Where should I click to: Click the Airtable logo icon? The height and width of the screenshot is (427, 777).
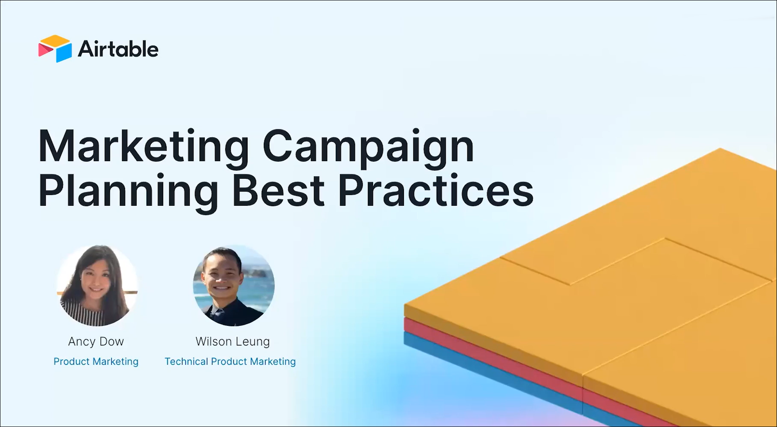tap(55, 48)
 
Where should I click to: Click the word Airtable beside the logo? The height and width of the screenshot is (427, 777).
tap(118, 49)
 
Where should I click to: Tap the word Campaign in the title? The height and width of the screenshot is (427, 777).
tap(368, 147)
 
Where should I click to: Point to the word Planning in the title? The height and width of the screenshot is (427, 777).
tap(129, 191)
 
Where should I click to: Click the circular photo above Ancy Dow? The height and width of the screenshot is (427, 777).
tap(97, 286)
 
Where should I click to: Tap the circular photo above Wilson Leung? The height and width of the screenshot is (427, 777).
tap(233, 286)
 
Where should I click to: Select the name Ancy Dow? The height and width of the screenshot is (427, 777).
tap(96, 342)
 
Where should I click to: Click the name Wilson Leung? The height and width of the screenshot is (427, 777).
tap(233, 342)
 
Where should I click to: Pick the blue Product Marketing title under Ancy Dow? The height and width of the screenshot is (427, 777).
tap(96, 362)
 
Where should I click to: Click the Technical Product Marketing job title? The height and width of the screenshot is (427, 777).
tap(230, 362)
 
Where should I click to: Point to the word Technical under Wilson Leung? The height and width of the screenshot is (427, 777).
tap(186, 362)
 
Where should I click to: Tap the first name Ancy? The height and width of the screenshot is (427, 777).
tap(82, 342)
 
